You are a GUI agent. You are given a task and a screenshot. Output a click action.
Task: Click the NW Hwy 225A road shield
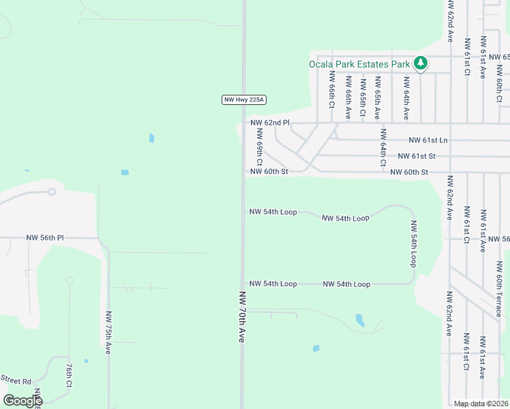point(243,100)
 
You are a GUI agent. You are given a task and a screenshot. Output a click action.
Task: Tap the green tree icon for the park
point(421,64)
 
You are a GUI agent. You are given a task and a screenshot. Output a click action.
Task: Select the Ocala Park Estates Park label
point(359,64)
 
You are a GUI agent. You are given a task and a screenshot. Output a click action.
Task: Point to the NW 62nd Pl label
point(270,123)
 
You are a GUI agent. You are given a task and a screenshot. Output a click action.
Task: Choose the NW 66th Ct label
point(332,90)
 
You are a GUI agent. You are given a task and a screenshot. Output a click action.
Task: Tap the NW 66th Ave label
point(348,97)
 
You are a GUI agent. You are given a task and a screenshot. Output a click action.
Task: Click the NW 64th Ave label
point(406,98)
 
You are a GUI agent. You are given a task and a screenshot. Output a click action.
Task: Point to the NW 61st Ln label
point(428,140)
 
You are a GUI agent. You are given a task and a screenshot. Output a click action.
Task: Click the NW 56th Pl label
point(45,238)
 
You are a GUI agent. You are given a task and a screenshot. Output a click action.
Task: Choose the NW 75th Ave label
point(108,332)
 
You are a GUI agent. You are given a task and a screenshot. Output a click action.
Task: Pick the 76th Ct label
point(70,374)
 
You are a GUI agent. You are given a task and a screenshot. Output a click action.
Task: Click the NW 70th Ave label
point(241,317)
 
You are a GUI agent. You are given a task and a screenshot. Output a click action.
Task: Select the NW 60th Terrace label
point(498,286)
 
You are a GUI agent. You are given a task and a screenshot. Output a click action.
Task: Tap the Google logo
point(23,400)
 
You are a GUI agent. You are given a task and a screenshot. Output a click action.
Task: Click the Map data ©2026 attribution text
point(481,404)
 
